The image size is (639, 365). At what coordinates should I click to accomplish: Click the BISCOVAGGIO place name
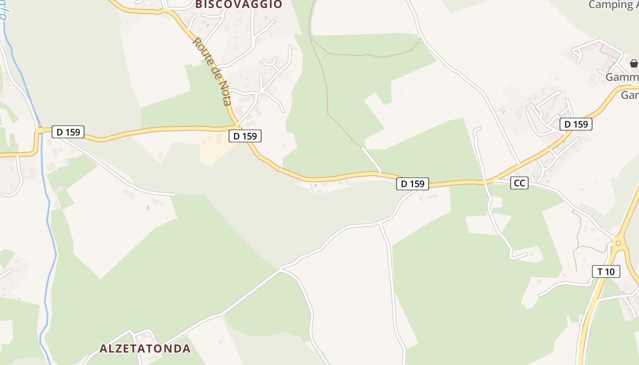point(239,4)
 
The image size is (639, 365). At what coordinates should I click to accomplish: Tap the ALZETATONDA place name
point(145,349)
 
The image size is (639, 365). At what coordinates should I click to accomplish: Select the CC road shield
point(519,183)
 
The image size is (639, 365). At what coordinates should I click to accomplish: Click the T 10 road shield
point(606,271)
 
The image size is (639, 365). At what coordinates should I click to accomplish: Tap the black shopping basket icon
point(634,63)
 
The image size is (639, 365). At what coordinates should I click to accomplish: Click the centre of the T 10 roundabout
point(618,243)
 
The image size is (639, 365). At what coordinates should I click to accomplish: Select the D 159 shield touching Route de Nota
point(245,136)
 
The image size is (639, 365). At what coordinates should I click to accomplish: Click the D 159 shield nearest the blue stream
point(68,132)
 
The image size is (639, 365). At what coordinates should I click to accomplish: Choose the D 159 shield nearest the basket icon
point(576,124)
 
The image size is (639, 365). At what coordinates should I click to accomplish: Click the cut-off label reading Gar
point(630,95)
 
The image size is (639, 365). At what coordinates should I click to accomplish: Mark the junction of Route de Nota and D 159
point(237,125)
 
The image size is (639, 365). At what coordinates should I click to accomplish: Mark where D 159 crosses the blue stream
point(40,131)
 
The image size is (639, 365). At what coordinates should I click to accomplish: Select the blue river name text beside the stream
point(3,11)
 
